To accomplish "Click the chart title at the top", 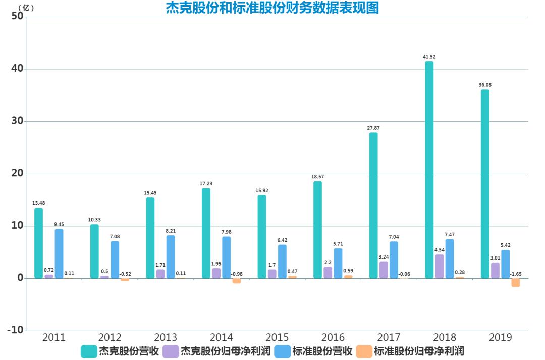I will [x=272, y=8].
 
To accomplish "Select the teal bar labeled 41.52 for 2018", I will [x=429, y=169].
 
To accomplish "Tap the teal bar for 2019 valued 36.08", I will [x=485, y=184].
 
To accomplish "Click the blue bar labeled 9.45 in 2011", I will [x=59, y=253].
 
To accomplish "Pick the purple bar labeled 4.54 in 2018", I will [x=440, y=266].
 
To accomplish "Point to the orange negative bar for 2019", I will [x=515, y=282].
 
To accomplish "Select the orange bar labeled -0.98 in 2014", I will [x=236, y=281].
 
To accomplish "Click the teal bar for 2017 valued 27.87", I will [x=373, y=205].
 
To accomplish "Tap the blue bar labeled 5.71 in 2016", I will [x=338, y=263].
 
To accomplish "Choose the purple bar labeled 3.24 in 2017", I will [x=384, y=270].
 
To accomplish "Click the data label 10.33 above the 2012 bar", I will [x=94, y=220].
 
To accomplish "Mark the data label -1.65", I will [x=515, y=274].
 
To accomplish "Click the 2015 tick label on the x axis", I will [x=277, y=338].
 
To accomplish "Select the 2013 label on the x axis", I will [x=166, y=338].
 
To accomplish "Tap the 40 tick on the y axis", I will [x=17, y=69].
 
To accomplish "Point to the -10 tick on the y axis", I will [x=15, y=330].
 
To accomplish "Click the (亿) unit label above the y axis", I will [x=26, y=7].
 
